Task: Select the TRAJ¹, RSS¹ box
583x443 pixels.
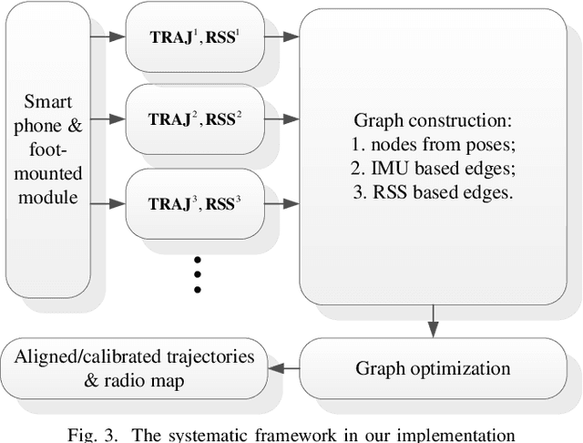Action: point(194,37)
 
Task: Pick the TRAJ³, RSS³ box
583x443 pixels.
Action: point(194,202)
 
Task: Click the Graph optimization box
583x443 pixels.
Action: point(433,369)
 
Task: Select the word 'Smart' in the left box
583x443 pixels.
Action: point(46,101)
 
